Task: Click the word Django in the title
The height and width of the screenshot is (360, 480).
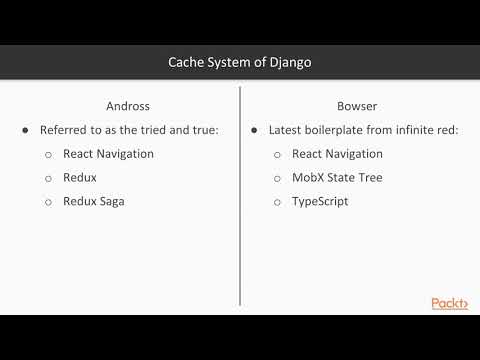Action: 289,62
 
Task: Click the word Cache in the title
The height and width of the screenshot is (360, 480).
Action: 186,62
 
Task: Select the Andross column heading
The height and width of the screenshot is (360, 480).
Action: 128,105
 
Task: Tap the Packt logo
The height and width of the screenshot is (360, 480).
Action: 449,304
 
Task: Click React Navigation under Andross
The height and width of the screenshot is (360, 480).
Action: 108,154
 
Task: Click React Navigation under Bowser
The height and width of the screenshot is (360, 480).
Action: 337,154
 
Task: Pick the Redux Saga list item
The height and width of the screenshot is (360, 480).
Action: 98,202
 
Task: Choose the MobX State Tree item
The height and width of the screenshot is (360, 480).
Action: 336,178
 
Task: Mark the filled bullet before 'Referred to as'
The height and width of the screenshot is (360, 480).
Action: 25,131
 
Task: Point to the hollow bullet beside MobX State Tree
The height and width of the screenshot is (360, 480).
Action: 277,179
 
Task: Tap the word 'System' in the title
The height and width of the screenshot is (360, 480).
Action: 231,62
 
